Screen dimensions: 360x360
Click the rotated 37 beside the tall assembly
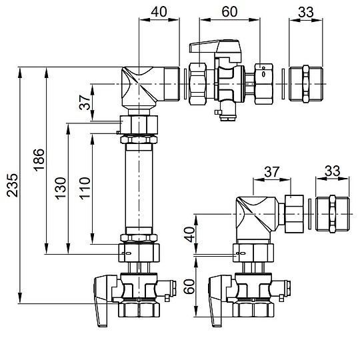coord(84,101)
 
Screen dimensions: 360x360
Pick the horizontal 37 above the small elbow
coord(271,173)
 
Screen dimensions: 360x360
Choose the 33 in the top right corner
coord(306,11)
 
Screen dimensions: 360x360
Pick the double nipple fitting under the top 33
coord(306,84)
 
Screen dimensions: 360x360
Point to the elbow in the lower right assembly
coord(257,215)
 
